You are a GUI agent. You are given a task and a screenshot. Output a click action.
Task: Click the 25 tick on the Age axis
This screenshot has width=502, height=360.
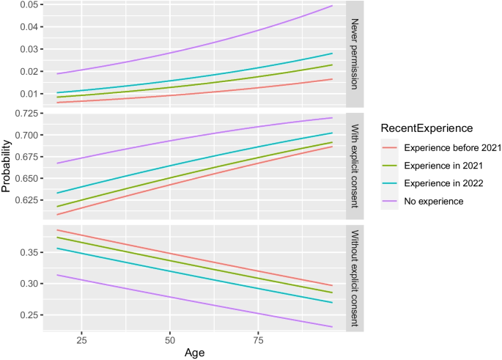point(81,341)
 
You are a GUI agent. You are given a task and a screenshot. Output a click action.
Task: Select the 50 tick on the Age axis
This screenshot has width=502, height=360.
point(170,341)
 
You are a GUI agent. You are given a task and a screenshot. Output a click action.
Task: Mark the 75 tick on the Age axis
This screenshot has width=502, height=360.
point(259,341)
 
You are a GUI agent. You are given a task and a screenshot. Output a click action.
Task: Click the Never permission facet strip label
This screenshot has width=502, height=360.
point(355,54)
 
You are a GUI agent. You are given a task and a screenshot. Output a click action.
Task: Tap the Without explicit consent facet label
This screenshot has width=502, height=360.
point(355,276)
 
